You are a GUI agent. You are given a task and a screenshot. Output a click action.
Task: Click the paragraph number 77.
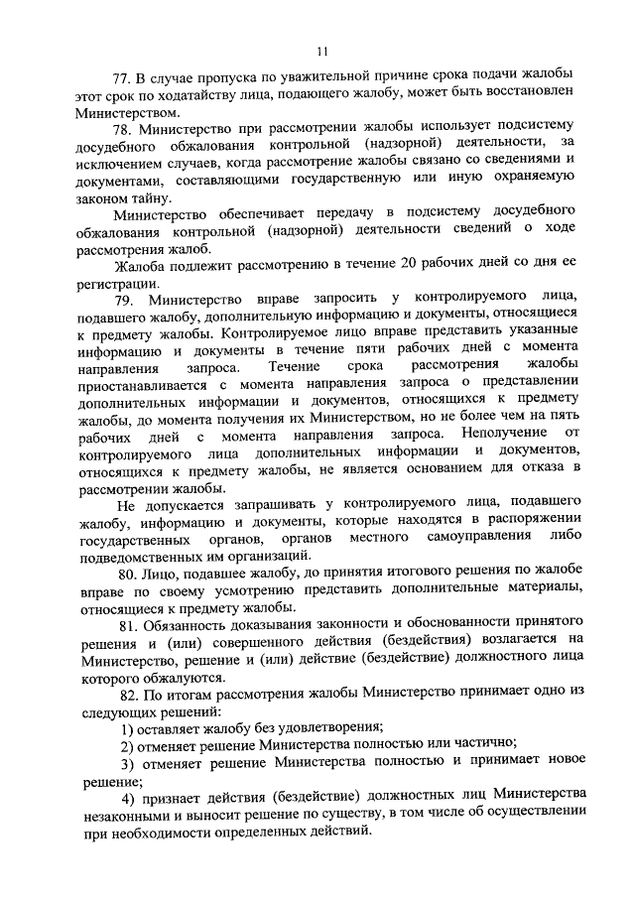122,77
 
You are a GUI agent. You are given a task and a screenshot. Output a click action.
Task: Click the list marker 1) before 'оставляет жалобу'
126,727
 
